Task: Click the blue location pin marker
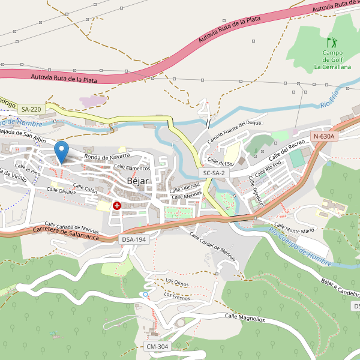[x=61, y=151]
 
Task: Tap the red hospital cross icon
[x=116, y=206]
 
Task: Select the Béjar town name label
[x=137, y=181]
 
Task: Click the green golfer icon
[x=331, y=43]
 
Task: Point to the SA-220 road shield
[x=31, y=109]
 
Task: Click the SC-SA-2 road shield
[x=214, y=173]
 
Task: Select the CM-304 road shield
[x=158, y=347]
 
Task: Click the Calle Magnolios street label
[x=244, y=317]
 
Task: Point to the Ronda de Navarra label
[x=107, y=157]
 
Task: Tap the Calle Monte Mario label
[x=290, y=230]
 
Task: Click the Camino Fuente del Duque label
[x=235, y=131]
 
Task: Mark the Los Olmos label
[x=178, y=281]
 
